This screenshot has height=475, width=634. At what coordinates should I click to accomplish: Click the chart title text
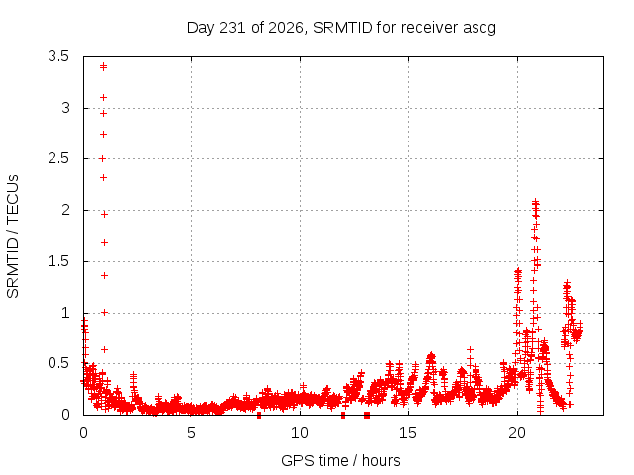[x=341, y=28]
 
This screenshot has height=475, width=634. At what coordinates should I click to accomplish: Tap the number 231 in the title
[x=231, y=28]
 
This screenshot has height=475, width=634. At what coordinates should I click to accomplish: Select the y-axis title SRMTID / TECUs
[x=13, y=237]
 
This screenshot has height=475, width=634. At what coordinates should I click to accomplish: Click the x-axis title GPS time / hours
[x=341, y=460]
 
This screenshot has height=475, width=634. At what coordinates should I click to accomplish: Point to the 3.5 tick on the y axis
[x=58, y=56]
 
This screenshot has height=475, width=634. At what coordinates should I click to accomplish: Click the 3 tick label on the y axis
[x=65, y=108]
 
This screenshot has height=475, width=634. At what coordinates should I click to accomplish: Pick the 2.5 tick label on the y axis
[x=58, y=158]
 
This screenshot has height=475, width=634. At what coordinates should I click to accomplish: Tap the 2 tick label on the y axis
[x=65, y=210]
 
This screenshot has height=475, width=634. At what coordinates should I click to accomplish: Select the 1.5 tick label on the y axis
[x=58, y=261]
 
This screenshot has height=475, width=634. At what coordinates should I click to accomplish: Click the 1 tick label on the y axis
[x=65, y=313]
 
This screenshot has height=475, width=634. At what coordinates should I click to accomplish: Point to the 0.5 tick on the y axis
[x=58, y=363]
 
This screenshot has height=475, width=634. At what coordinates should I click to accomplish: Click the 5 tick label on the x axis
[x=191, y=433]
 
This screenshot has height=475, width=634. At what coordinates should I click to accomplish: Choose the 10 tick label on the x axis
[x=299, y=433]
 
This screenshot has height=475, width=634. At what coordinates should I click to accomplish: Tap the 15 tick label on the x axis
[x=408, y=433]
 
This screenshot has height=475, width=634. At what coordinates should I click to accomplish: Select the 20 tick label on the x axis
[x=517, y=433]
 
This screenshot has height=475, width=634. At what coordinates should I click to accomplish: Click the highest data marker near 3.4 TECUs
[x=103, y=66]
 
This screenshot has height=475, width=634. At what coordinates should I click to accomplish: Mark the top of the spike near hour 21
[x=535, y=201]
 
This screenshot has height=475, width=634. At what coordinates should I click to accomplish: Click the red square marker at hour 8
[x=259, y=415]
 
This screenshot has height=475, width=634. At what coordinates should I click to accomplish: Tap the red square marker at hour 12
[x=343, y=415]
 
